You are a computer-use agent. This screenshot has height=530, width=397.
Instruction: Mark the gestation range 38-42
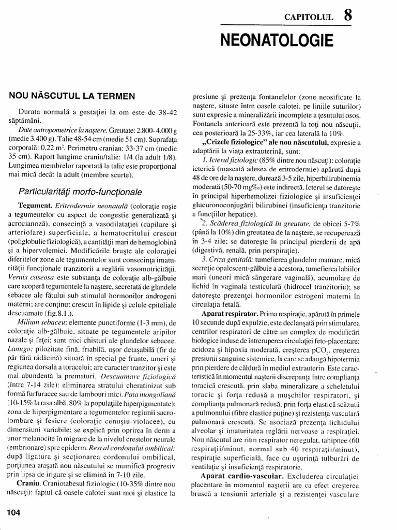[x=166, y=111]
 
